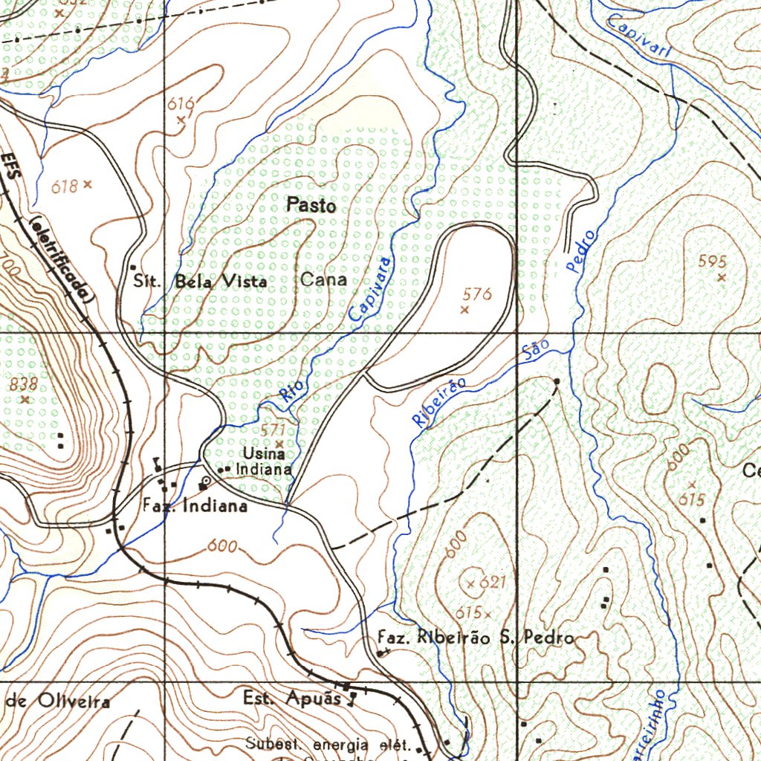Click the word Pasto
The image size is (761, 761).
tap(311, 206)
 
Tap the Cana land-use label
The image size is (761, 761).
tap(323, 279)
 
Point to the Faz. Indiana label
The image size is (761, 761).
tap(195, 506)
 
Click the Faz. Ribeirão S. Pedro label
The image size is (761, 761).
tap(476, 637)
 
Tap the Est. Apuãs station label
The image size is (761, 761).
tap(292, 699)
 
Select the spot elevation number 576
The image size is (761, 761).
tap(476, 294)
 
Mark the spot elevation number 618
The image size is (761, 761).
tap(65, 186)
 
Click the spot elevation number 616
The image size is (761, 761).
tap(180, 103)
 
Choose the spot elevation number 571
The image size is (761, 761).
tap(273, 430)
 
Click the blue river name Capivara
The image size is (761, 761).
tap(369, 290)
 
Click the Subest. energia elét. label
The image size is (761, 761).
tap(328, 744)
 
